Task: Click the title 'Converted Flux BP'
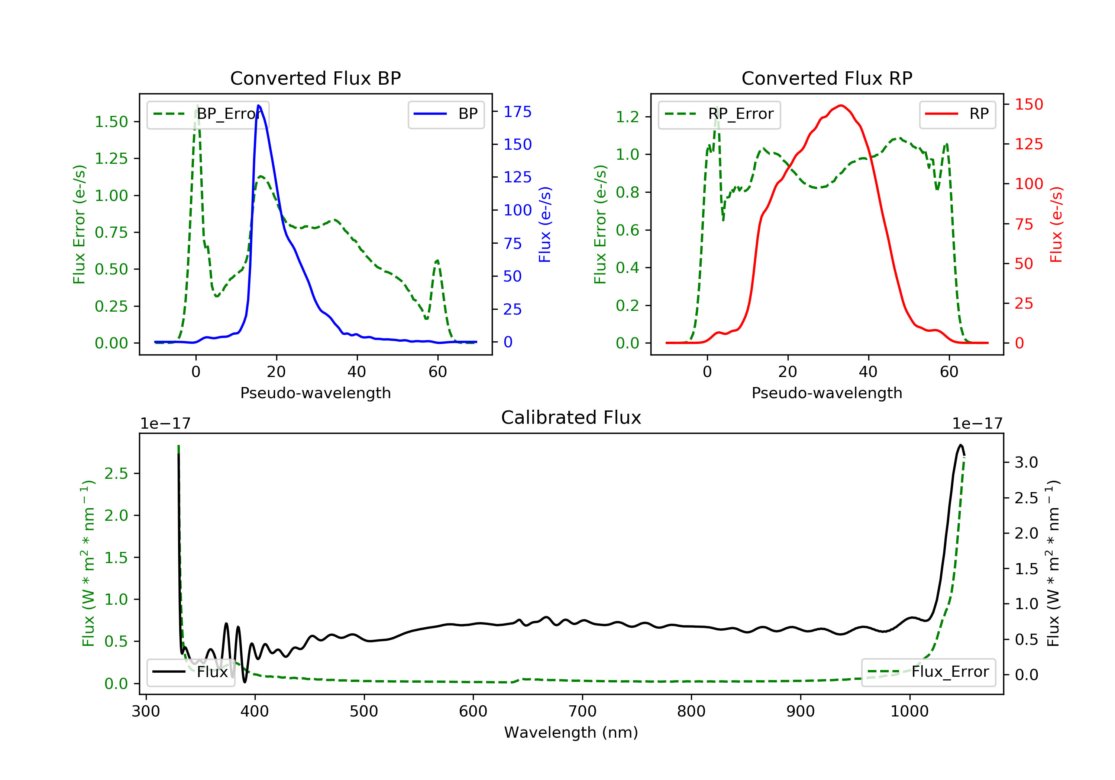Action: pyautogui.click(x=315, y=78)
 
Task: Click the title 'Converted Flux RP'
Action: pyautogui.click(x=827, y=78)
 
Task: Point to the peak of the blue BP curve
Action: pyautogui.click(x=258, y=105)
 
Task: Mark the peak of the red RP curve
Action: pyautogui.click(x=841, y=105)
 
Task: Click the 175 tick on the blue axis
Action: pyautogui.click(x=517, y=112)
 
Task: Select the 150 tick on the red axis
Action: pyautogui.click(x=1028, y=104)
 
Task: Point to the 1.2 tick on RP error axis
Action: pyautogui.click(x=627, y=117)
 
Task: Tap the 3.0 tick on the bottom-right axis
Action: pyautogui.click(x=1026, y=462)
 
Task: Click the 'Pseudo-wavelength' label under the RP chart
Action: pyautogui.click(x=827, y=393)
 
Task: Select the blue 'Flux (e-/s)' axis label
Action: pyautogui.click(x=545, y=225)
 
